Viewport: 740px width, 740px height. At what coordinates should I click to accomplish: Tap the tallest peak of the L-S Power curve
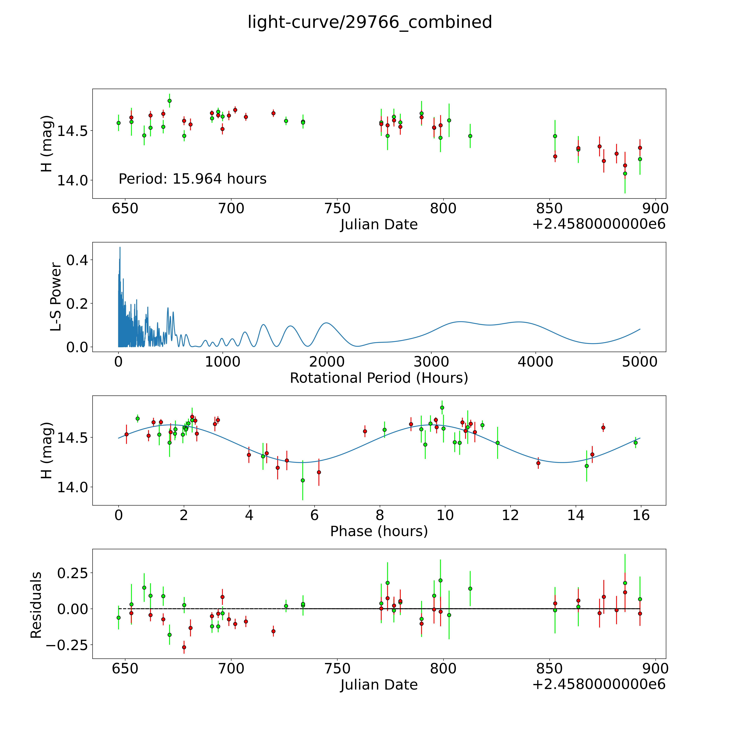(120, 247)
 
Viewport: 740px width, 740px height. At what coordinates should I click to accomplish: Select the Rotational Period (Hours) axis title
(379, 378)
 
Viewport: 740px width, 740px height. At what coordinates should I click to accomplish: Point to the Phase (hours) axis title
(379, 531)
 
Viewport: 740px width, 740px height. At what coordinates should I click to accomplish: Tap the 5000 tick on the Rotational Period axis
(640, 362)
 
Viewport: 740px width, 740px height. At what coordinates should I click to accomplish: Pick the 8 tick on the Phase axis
(380, 515)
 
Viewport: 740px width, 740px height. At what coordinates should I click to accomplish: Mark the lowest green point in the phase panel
(303, 480)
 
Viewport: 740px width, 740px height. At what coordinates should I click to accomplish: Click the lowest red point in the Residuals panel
(184, 647)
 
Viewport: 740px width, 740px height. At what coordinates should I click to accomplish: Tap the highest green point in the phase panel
(442, 408)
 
